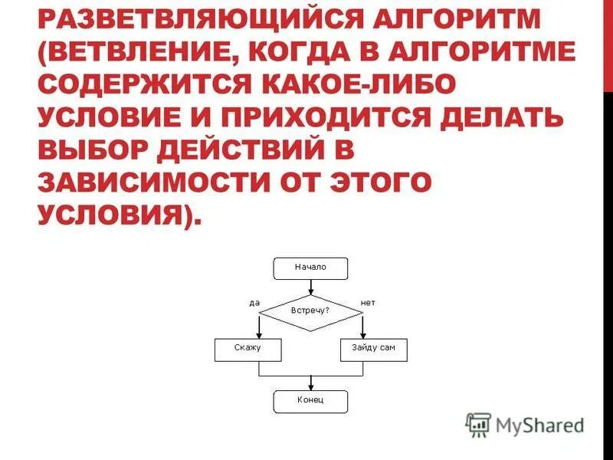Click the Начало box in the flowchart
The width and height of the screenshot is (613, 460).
310,268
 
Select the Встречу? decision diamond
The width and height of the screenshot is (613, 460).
310,311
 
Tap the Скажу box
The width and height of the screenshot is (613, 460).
247,349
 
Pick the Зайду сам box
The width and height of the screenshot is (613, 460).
373,349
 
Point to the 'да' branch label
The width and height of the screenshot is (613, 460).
254,303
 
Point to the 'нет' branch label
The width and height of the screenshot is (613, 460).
368,303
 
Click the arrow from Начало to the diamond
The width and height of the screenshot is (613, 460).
310,287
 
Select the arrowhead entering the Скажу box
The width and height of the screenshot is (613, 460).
259,334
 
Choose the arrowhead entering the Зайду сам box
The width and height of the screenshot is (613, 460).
362,334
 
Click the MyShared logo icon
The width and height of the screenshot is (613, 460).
479,425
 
